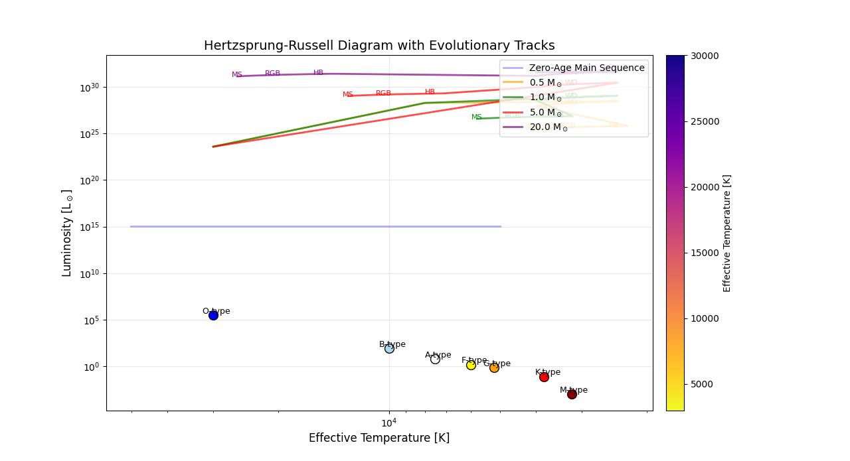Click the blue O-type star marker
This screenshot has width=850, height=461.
click(213, 315)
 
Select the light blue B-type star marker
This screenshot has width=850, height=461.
click(389, 348)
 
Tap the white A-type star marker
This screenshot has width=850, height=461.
click(435, 359)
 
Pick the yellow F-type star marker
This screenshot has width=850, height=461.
click(471, 365)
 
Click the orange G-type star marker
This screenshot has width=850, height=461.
click(494, 367)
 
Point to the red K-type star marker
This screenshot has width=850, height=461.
click(544, 377)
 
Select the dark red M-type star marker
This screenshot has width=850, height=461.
click(572, 394)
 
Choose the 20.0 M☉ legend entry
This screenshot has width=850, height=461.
click(549, 127)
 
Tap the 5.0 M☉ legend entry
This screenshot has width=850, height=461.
click(546, 113)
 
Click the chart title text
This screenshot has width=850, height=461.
click(379, 46)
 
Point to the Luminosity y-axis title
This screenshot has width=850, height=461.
click(67, 233)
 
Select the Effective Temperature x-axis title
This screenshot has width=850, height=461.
click(379, 438)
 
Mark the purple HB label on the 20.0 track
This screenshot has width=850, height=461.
click(319, 73)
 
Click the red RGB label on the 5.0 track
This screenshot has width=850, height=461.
click(383, 94)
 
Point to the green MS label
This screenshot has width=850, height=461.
click(477, 117)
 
